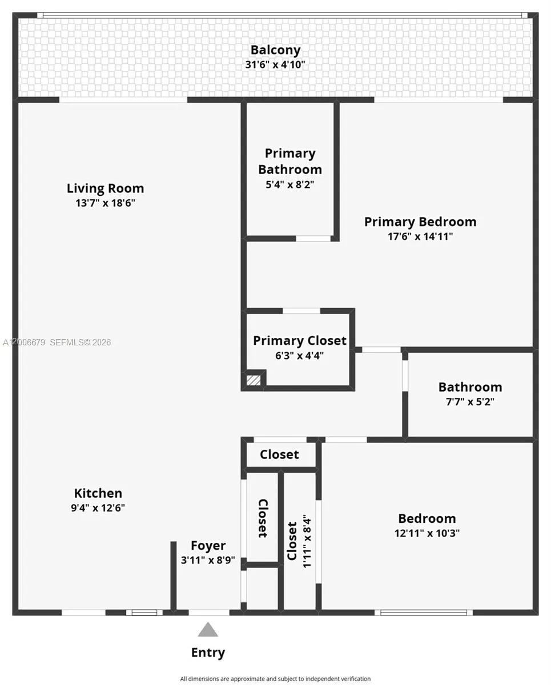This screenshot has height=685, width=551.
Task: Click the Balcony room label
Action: [x=275, y=50]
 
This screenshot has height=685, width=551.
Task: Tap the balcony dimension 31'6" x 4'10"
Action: [x=275, y=65]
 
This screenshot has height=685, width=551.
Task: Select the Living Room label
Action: [x=105, y=188]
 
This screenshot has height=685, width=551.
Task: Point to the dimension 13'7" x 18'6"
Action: [x=105, y=203]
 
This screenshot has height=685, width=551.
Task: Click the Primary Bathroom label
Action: [x=290, y=162]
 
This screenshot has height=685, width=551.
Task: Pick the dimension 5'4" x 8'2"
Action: [x=290, y=184]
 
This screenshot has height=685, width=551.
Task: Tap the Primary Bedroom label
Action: [x=420, y=221]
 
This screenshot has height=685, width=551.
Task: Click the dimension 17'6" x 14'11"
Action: [x=420, y=236]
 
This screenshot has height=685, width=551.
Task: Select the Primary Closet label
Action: [x=300, y=341]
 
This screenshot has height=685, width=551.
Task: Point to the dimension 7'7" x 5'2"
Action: [x=470, y=401]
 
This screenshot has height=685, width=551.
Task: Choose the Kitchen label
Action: [x=98, y=493]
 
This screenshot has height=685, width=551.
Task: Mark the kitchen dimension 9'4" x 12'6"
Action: [x=98, y=508]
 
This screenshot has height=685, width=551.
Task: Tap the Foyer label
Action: [x=208, y=546]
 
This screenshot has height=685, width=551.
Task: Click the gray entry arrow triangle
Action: [x=208, y=630]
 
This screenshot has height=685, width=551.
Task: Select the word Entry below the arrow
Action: [x=208, y=652]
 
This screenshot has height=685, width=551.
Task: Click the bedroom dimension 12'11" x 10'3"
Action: [x=427, y=533]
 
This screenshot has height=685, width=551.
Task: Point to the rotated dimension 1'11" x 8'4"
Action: [x=307, y=541]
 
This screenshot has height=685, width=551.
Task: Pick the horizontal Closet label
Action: [x=279, y=454]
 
